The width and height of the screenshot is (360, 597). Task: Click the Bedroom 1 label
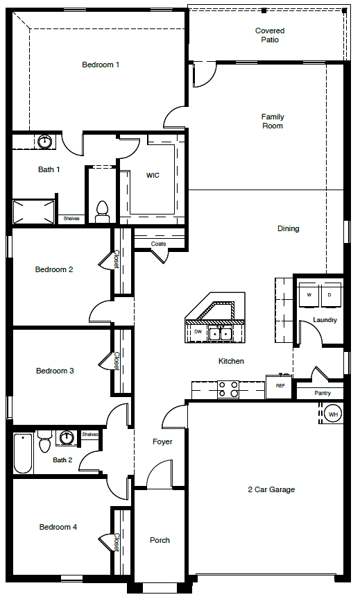point(101,65)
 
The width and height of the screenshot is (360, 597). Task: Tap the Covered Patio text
point(270,35)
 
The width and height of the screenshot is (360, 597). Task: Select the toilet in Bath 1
point(101,212)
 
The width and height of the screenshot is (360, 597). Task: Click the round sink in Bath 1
point(45,142)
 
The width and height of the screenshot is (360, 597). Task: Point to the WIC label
point(153,175)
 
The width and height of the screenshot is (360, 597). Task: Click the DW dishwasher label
point(198,332)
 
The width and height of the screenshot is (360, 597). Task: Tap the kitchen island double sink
point(221,334)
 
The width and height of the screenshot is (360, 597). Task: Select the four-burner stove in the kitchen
point(228,389)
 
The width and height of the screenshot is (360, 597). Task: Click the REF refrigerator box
point(280,387)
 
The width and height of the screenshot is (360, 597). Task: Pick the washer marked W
point(309,294)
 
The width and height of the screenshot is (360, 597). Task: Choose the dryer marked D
point(330,294)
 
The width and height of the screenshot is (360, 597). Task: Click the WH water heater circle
point(333,414)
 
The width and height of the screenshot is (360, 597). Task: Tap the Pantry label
point(323,393)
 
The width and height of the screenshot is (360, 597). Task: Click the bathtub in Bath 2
point(22,453)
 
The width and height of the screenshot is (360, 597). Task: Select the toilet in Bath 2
point(45,442)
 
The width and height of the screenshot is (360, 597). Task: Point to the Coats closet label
point(158,244)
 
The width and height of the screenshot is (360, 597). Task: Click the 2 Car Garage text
point(271,489)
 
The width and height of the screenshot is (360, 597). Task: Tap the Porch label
point(160,540)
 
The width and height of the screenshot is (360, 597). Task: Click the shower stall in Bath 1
point(33,212)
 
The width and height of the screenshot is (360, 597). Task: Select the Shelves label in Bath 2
point(90,435)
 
